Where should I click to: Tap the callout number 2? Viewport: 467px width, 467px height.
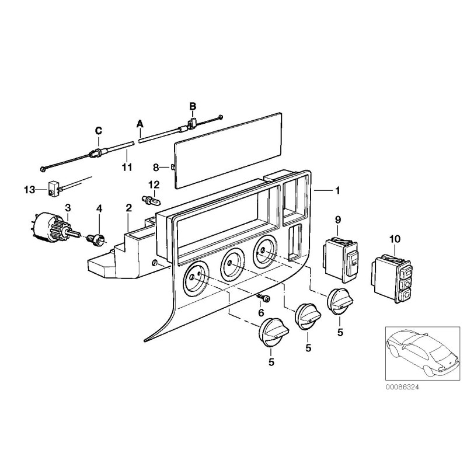(128, 208)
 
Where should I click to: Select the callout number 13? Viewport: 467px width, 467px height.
(28, 190)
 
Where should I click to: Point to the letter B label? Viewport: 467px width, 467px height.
(192, 106)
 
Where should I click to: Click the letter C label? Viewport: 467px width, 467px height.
(99, 130)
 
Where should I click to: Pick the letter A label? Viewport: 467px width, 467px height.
(140, 124)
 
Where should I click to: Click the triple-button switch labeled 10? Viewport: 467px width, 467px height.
(392, 276)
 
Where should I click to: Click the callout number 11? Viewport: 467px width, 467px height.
(127, 168)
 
